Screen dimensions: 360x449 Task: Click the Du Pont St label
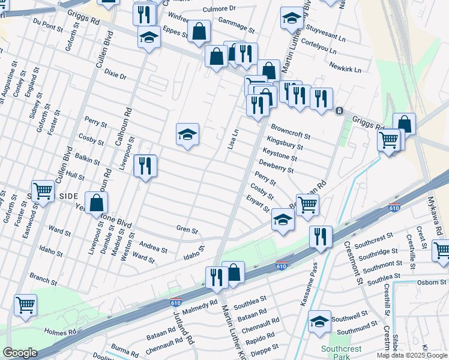[49, 25]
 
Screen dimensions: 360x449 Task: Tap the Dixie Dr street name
[115, 76]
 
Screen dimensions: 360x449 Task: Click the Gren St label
[187, 229]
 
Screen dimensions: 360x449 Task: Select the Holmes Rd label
[59, 331]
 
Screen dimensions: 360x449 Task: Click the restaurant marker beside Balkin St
[145, 166]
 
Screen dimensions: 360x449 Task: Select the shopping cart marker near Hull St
[43, 192]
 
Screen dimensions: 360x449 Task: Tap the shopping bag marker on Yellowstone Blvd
[96, 203]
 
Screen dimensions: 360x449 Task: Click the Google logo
[20, 353]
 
